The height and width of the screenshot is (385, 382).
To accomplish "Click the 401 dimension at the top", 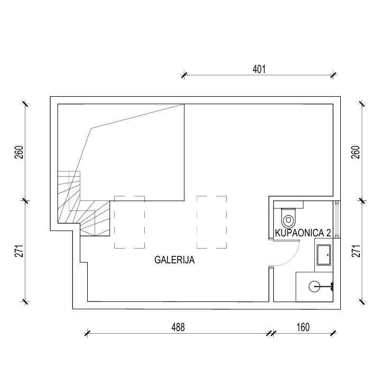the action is [259, 69].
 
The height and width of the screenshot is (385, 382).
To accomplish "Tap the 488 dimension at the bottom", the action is [178, 327].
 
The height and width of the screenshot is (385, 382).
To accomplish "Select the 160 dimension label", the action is [303, 327].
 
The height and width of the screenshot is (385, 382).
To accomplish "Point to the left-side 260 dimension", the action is [20, 152].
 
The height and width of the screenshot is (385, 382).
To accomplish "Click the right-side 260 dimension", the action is [356, 152].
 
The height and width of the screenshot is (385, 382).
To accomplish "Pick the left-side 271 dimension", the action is [20, 251].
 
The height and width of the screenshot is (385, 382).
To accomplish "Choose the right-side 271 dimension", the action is [356, 251].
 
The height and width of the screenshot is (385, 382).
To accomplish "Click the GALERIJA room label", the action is [174, 260].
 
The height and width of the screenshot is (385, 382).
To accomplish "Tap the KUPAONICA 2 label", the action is [303, 233].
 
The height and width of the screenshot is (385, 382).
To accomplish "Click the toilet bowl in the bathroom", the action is [288, 218].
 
